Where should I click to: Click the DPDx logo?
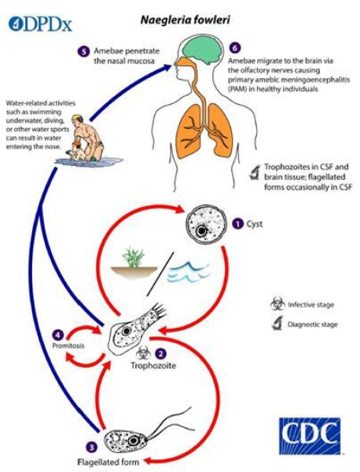[x=40, y=24]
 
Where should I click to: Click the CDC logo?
[x=310, y=436]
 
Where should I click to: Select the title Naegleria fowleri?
[x=186, y=20]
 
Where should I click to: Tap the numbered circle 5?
[x=84, y=51]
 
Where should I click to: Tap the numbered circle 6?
[x=235, y=48]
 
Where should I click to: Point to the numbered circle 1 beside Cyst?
[x=238, y=224]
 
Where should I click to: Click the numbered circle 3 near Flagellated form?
[x=92, y=447]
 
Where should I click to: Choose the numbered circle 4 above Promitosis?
[x=57, y=335]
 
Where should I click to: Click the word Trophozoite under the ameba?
[x=153, y=366]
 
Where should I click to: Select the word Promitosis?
[x=68, y=345]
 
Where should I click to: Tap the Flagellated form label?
[x=108, y=462]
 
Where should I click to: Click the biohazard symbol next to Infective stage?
[x=277, y=304]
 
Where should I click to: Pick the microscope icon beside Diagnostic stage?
[x=277, y=323]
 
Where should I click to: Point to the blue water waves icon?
[x=189, y=272]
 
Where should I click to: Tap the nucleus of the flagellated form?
[x=133, y=441]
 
